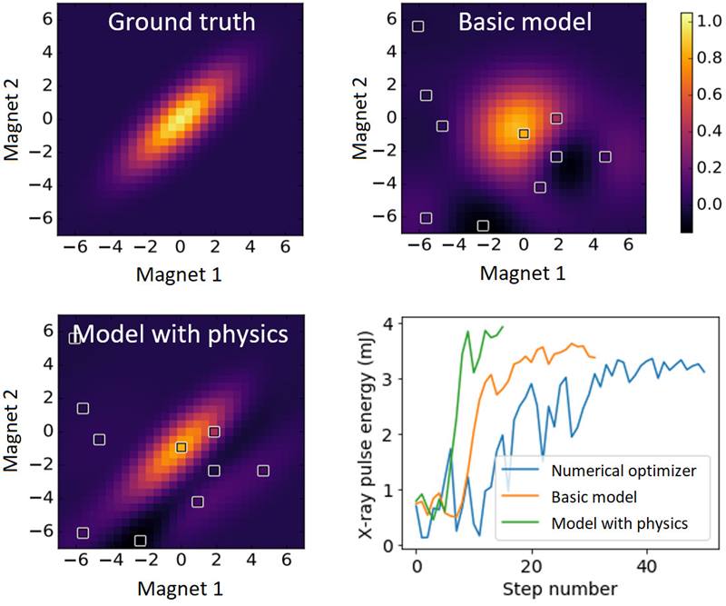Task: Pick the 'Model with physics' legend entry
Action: [622, 523]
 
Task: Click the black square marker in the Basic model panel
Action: [524, 134]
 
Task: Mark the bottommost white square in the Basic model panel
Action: [483, 225]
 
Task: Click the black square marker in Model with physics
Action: [181, 447]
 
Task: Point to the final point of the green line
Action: [502, 326]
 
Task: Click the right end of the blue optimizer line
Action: [703, 372]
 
